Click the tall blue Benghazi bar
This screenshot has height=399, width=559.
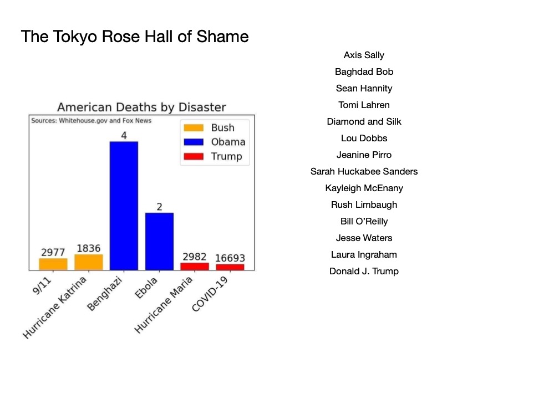(x=124, y=206)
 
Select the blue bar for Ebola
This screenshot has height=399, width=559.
(x=159, y=241)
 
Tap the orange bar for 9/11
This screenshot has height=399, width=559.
(x=53, y=264)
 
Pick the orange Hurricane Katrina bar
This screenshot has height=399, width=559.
(x=89, y=262)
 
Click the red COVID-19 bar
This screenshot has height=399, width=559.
(x=230, y=267)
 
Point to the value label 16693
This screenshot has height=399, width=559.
(x=230, y=258)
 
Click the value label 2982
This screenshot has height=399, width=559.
(x=195, y=257)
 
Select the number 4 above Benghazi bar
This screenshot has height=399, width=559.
(x=124, y=135)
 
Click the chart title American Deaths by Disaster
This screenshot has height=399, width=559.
(x=141, y=107)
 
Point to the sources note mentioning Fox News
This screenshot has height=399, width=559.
(x=91, y=120)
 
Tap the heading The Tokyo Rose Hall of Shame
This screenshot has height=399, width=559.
(x=135, y=37)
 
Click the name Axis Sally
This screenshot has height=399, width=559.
(x=364, y=55)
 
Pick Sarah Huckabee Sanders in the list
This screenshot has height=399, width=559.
(x=364, y=171)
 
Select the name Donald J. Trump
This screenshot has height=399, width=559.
(x=364, y=271)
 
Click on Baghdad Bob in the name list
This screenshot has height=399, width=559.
(x=364, y=71)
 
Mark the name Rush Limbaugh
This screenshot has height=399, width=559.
(x=364, y=204)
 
